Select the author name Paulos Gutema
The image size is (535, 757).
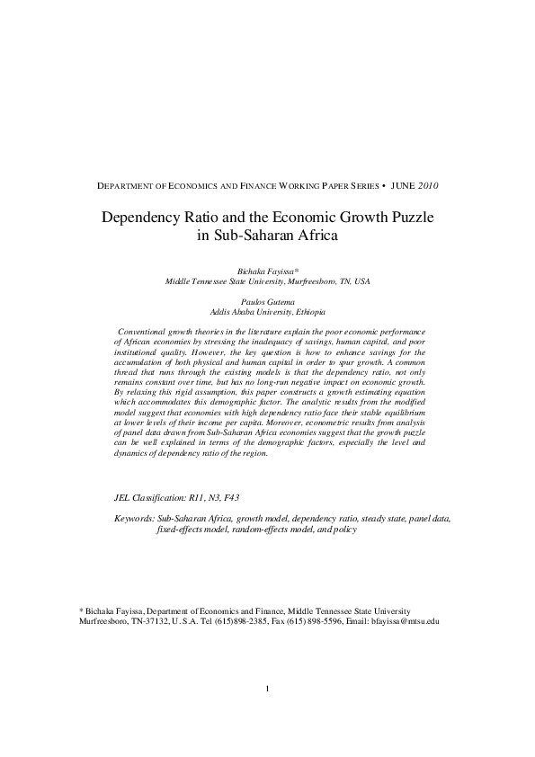coord(267,302)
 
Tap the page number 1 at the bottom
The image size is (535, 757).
coord(268,690)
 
